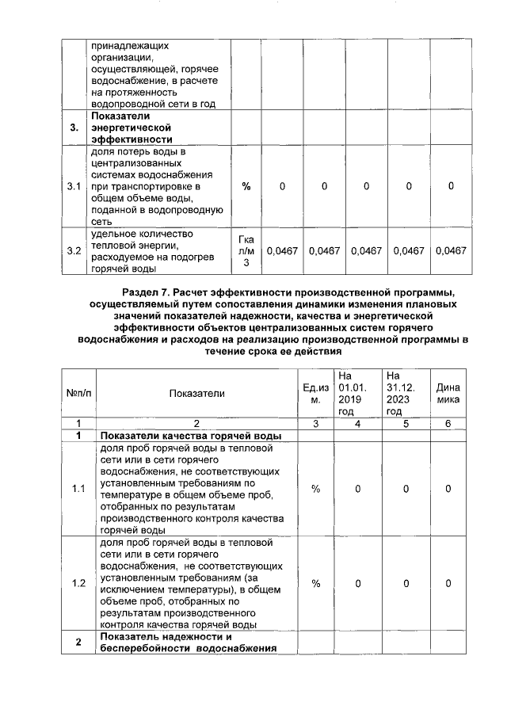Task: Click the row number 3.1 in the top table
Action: [74, 186]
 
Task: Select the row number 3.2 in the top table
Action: [74, 251]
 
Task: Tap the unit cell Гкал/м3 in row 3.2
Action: [246, 251]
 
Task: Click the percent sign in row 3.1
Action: [246, 186]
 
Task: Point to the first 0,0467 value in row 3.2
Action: [282, 251]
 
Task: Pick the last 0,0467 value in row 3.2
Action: [450, 251]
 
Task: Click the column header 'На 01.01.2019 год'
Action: [349, 393]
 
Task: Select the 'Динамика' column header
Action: [448, 393]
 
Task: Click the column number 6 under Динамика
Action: [448, 424]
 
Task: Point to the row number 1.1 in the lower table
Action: [78, 489]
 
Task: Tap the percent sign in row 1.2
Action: [315, 584]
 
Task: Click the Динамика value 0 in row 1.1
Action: [448, 489]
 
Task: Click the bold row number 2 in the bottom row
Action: [78, 643]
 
